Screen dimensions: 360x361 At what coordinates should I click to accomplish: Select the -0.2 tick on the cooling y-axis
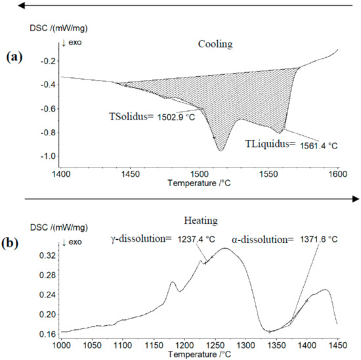point(51,61)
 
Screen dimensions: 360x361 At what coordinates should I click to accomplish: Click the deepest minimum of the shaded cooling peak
point(221,151)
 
